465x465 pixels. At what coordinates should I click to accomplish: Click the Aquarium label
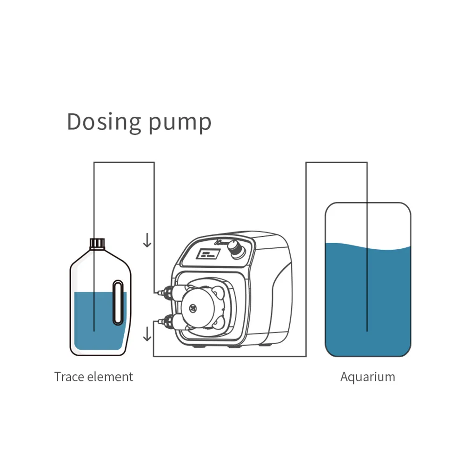367,376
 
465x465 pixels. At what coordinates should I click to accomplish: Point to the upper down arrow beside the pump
147,240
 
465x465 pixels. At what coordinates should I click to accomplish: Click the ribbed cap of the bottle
97,243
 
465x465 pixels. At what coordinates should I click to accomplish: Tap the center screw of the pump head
192,306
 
